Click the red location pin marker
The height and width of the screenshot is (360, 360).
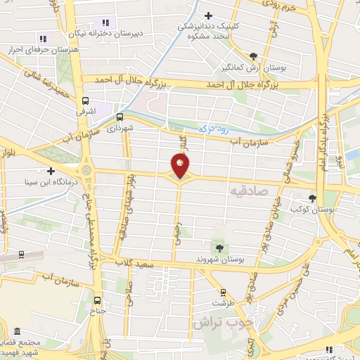click(x=180, y=167)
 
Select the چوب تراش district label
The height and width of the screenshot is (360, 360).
click(x=219, y=323)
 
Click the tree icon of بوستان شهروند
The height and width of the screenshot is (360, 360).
click(x=221, y=247)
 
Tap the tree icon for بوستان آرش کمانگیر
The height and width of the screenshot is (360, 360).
click(x=253, y=57)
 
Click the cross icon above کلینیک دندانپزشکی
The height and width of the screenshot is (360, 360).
click(x=208, y=15)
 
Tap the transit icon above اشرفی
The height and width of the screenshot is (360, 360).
click(x=86, y=101)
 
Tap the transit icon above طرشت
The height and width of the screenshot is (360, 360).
click(x=223, y=292)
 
